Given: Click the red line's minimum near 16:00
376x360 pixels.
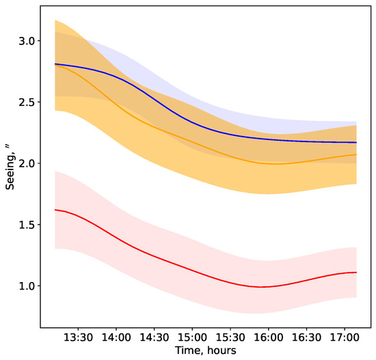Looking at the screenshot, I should click(x=263, y=287).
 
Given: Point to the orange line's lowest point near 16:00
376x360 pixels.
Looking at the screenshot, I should click(x=273, y=164).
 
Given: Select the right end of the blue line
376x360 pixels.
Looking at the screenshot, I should click(x=356, y=142).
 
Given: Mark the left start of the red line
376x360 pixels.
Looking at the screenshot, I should click(x=55, y=210).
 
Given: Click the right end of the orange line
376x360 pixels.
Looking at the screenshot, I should click(x=356, y=154).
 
